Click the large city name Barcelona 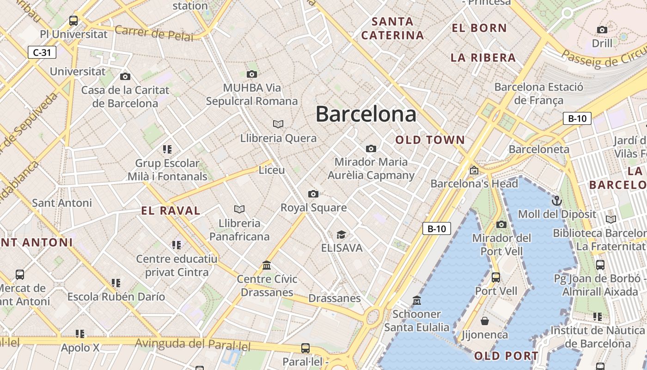pyautogui.click(x=366, y=114)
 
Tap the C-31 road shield pyautogui.click(x=42, y=52)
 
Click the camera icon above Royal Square pyautogui.click(x=313, y=194)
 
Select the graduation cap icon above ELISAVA pyautogui.click(x=341, y=234)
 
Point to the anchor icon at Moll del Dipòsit pyautogui.click(x=557, y=201)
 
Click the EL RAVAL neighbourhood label pyautogui.click(x=171, y=211)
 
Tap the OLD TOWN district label pyautogui.click(x=430, y=140)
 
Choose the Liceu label pyautogui.click(x=272, y=170)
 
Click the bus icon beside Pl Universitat pyautogui.click(x=73, y=20)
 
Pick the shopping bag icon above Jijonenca pyautogui.click(x=485, y=321)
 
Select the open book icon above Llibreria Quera pyautogui.click(x=278, y=124)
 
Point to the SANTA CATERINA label pyautogui.click(x=393, y=28)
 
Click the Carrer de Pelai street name pyautogui.click(x=154, y=33)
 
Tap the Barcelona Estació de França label pyautogui.click(x=539, y=93)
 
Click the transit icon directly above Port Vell pyautogui.click(x=496, y=277)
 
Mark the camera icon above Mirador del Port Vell pyautogui.click(x=501, y=225)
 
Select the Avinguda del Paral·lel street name pyautogui.click(x=193, y=345)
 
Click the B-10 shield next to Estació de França pyautogui.click(x=577, y=118)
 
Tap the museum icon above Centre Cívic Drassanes pyautogui.click(x=267, y=265)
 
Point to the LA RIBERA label pyautogui.click(x=483, y=58)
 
